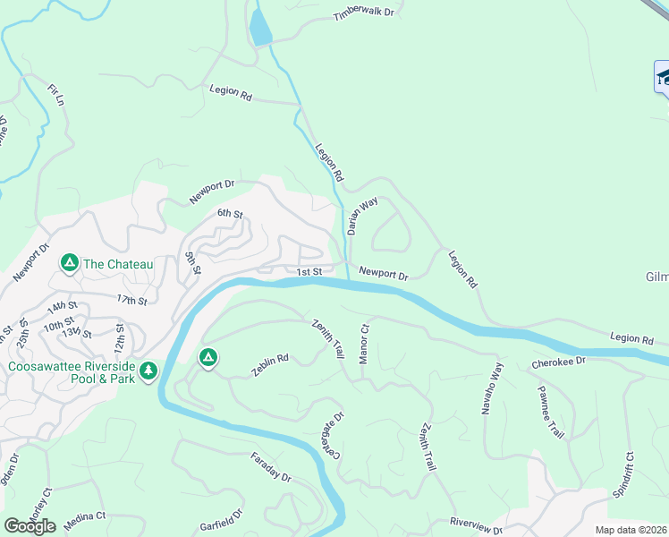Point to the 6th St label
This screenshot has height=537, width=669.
[230, 214]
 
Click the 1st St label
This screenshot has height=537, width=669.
[309, 272]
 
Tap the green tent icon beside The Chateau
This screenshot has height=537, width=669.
[69, 263]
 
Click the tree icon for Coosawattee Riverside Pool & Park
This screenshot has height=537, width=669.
[148, 370]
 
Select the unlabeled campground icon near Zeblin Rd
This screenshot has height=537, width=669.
[207, 358]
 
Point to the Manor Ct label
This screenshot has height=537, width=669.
[364, 344]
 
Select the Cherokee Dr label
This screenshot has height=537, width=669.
[557, 362]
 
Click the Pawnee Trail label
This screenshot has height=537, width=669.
[550, 412]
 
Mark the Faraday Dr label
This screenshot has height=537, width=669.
[273, 472]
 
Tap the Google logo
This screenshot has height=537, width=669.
[30, 525]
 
